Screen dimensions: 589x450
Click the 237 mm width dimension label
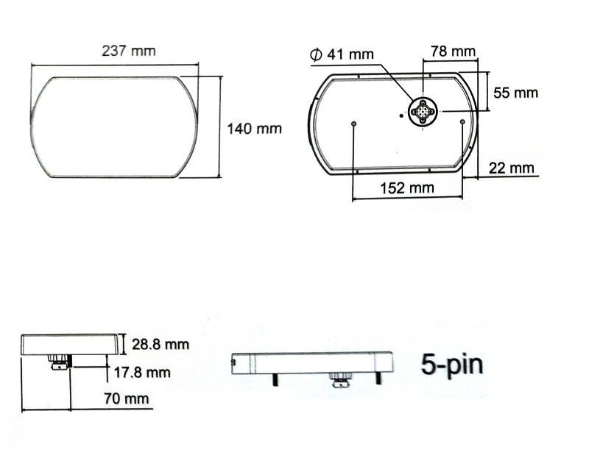tap(128, 51)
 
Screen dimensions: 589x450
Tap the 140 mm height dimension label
tap(254, 129)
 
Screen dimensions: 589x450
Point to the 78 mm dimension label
tap(453, 51)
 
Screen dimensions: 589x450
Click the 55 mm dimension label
tap(515, 93)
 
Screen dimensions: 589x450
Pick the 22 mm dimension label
tap(511, 168)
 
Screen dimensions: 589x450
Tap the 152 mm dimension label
tap(407, 188)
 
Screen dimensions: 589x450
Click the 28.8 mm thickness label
tap(161, 344)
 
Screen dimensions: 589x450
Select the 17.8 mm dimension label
tap(142, 372)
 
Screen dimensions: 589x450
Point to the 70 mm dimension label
tap(127, 399)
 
